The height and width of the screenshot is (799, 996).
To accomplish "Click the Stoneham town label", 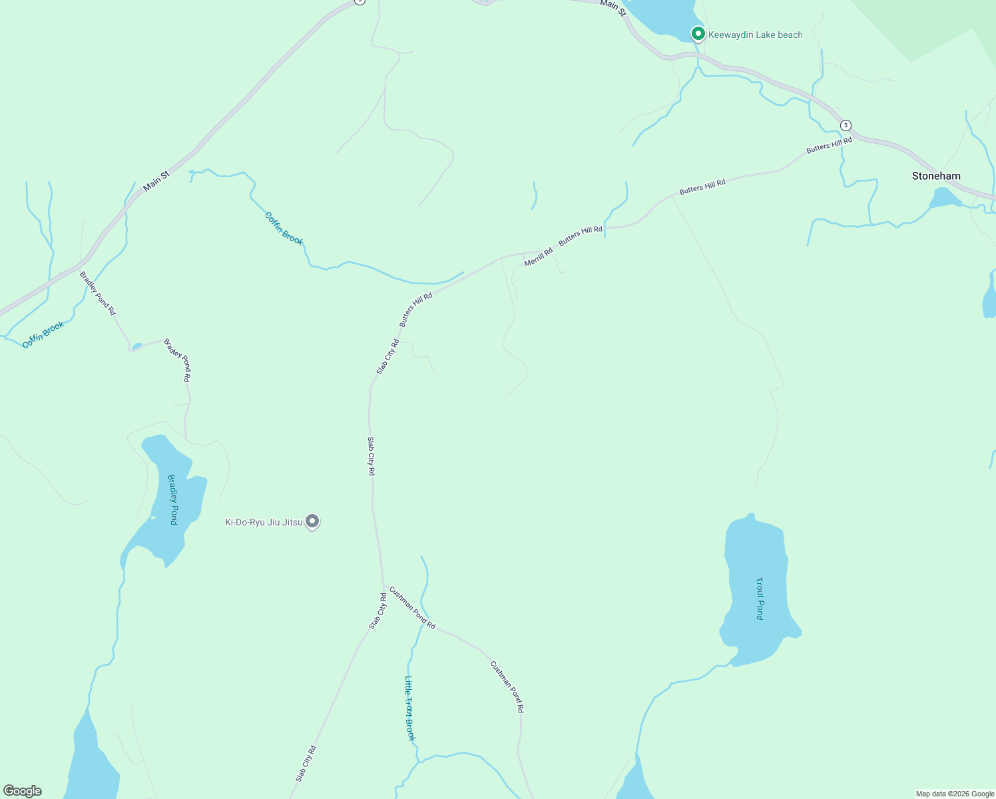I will point(936,176).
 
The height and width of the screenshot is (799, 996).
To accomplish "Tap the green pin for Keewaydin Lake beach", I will point(698,33).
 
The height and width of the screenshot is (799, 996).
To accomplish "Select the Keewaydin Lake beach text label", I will point(755,35).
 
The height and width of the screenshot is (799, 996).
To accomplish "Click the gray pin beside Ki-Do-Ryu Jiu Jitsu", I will point(312,521).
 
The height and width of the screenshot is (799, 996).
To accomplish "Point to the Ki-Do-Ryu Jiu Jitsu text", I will point(264,522).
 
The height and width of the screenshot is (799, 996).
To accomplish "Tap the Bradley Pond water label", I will point(172,499).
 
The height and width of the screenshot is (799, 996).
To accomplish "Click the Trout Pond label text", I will point(760,599).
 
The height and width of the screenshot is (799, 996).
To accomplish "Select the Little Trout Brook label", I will point(409,708).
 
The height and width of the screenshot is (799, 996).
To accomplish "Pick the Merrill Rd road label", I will point(538,258).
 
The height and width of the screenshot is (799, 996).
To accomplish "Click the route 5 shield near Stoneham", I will point(846,125).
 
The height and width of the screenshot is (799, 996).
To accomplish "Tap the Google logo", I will point(22,791).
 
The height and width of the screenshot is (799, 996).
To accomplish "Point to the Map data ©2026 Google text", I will point(954,794).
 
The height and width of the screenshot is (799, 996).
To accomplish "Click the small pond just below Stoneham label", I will point(943,198).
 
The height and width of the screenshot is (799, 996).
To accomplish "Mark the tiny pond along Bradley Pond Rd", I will point(137,346).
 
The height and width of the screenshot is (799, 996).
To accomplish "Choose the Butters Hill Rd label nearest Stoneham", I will point(829,145).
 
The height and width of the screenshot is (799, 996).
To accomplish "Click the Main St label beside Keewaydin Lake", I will point(613,7).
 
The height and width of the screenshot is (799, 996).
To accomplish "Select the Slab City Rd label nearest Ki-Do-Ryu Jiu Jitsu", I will point(371,456).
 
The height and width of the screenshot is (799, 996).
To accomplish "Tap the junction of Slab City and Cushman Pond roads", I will point(384,587).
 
